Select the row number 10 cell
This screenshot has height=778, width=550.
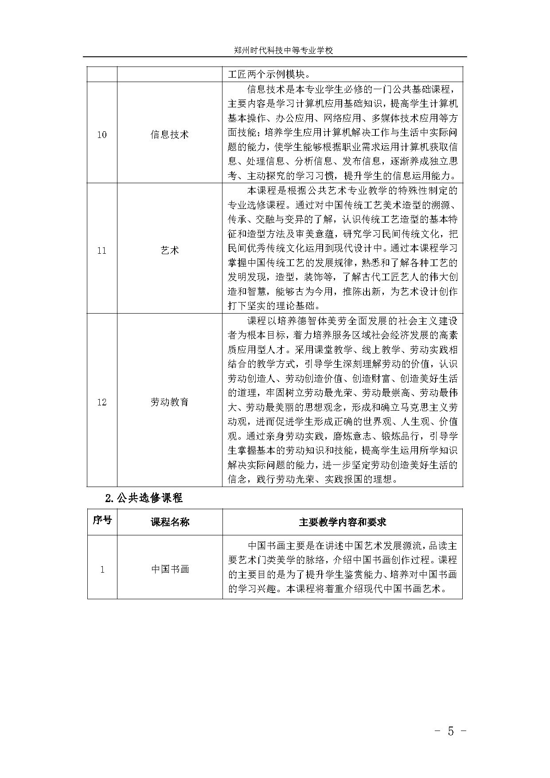(102, 134)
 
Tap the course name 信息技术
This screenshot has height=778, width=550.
(170, 134)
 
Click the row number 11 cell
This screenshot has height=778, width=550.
(102, 251)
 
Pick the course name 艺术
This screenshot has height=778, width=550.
(170, 251)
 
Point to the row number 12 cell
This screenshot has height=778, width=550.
(102, 402)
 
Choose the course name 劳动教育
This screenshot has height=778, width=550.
(170, 402)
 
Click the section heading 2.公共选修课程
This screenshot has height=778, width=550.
(144, 498)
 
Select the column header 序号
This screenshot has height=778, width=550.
(102, 521)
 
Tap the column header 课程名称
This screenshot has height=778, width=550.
(170, 522)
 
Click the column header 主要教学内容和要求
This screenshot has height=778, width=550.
(342, 522)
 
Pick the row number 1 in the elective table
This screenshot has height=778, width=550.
(102, 570)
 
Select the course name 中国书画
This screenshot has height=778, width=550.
(170, 569)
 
